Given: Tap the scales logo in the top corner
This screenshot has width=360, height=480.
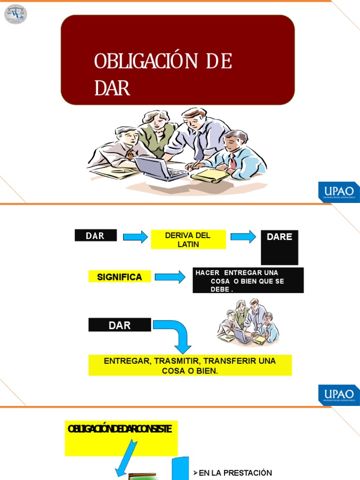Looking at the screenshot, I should click(15, 14).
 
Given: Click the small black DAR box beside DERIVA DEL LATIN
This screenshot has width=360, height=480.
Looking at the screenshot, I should click(96, 236).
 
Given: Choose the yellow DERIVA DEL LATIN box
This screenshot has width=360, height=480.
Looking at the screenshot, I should click(188, 240).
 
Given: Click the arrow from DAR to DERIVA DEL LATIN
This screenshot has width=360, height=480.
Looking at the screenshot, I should click(135, 237).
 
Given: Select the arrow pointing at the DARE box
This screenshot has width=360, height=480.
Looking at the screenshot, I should click(243, 237).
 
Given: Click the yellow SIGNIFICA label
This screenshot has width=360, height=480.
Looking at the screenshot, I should click(120, 277).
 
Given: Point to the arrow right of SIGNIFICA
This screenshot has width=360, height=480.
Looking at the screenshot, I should click(170, 277).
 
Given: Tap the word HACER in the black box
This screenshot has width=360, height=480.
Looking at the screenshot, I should click(208, 273).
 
